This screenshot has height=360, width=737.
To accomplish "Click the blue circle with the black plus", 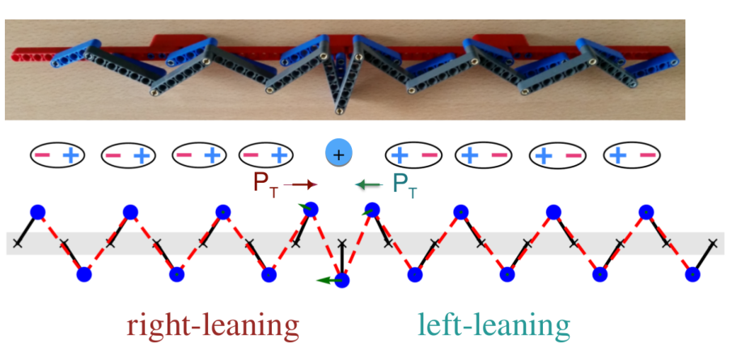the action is click(338, 155).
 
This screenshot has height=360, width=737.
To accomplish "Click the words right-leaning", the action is click(213, 325).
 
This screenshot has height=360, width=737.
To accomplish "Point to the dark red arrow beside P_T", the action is click(301, 185).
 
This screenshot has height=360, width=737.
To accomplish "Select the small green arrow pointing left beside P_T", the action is click(367, 185).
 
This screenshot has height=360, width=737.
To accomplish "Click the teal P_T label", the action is click(404, 185).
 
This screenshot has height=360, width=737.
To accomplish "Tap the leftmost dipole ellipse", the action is click(57, 155).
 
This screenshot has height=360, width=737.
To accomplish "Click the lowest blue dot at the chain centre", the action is click(341, 281).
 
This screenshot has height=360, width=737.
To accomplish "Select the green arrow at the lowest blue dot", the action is click(328, 281).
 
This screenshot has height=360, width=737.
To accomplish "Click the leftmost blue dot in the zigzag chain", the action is click(37, 213).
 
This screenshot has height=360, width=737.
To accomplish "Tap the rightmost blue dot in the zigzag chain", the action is click(692, 273).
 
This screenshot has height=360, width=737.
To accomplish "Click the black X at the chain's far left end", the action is click(17, 243).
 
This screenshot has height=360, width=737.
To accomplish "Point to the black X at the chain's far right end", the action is click(714, 243).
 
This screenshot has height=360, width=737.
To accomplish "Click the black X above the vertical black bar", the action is click(343, 243).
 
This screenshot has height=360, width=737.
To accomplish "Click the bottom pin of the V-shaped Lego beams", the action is click(338, 111).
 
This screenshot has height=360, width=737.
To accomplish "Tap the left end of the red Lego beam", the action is click(14, 54).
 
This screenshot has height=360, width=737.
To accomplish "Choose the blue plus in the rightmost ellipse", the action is click(620, 155).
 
